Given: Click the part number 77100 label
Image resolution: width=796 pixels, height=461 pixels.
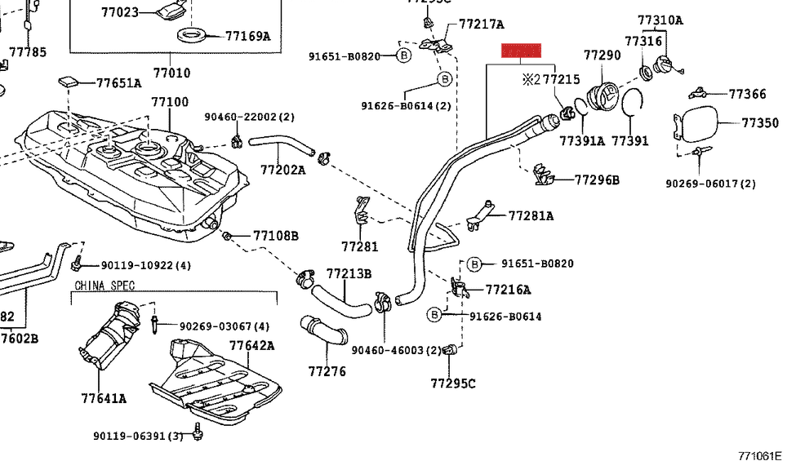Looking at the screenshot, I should pos(169,103).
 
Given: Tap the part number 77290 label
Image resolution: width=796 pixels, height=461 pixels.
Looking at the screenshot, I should pos(602,55).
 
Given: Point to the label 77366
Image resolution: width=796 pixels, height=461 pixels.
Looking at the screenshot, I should pos(747,95).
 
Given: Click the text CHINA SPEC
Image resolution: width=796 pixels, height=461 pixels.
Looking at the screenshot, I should pos(105,286).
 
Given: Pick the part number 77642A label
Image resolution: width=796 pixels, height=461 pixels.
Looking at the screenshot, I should pos(251,346).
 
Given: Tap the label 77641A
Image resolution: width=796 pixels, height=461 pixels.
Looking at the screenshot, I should pos(104,398).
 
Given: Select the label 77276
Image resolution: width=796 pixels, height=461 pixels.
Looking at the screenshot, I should pos(327,371).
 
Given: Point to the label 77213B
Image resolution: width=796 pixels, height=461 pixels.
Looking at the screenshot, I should pos(349,273).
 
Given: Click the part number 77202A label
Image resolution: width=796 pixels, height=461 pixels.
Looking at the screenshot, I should pos(282,170).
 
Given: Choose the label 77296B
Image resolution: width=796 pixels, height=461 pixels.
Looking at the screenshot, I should pos(597,180).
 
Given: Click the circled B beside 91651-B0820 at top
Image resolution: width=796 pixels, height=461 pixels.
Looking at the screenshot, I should pos(403,55).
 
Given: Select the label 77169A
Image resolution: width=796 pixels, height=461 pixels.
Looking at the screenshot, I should pos(247,36).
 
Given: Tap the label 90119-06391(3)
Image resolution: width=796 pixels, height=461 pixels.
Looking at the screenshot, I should pos(137,436).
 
